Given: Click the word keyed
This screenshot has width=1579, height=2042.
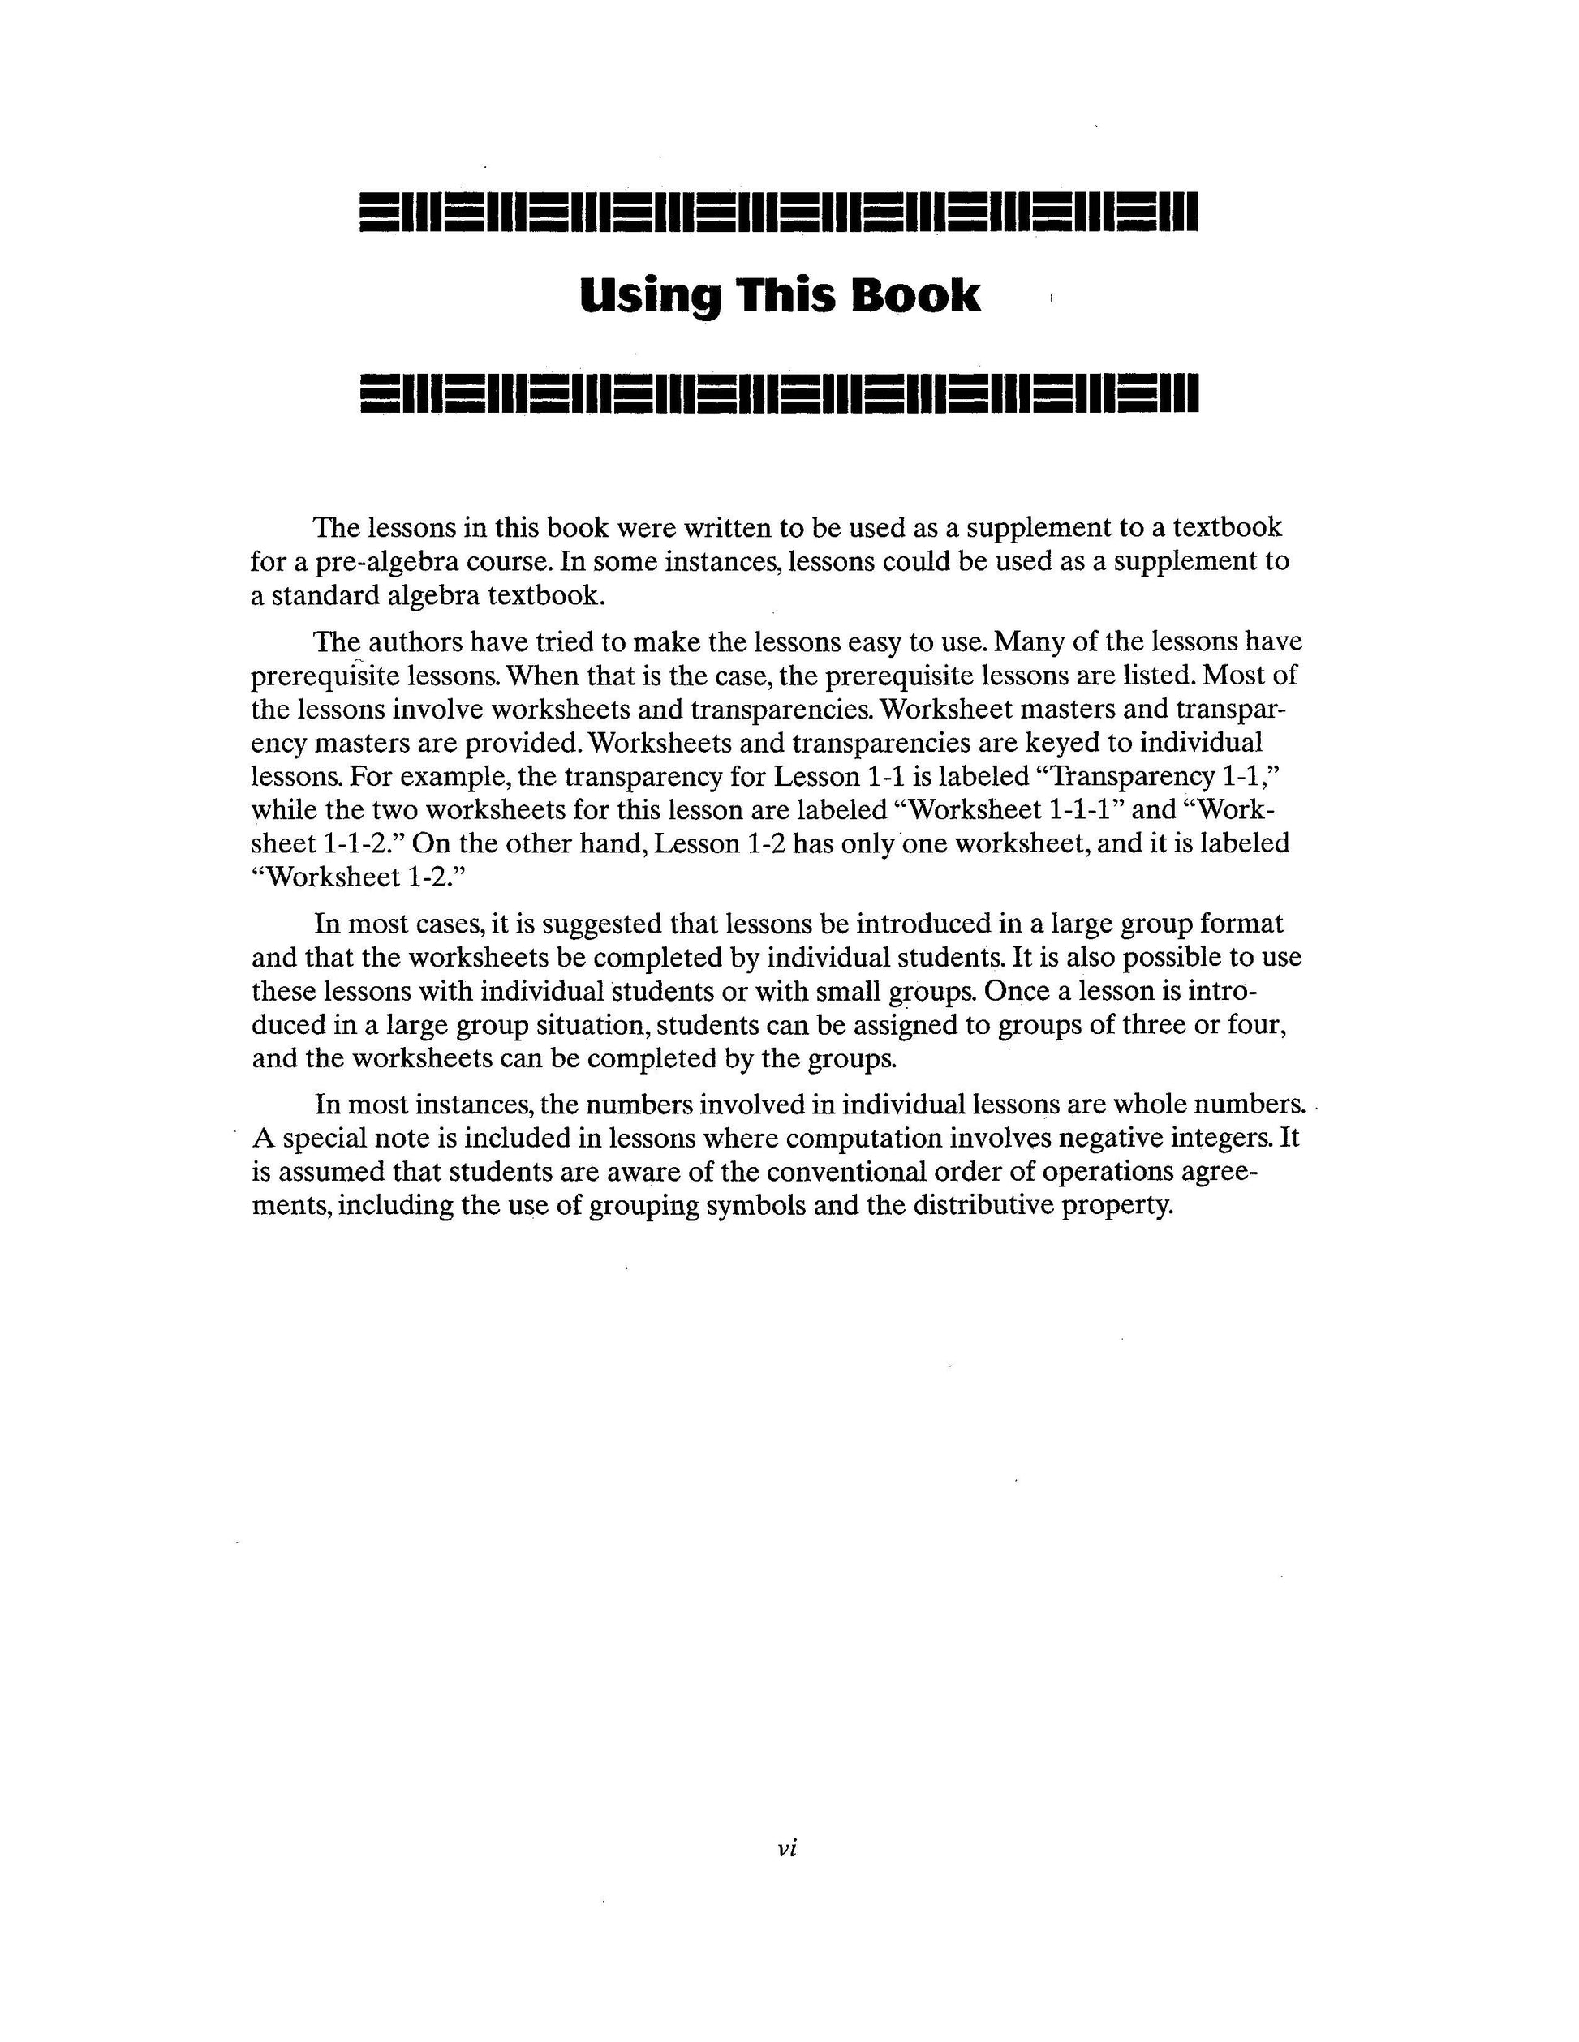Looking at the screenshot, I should pos(1066,744).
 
